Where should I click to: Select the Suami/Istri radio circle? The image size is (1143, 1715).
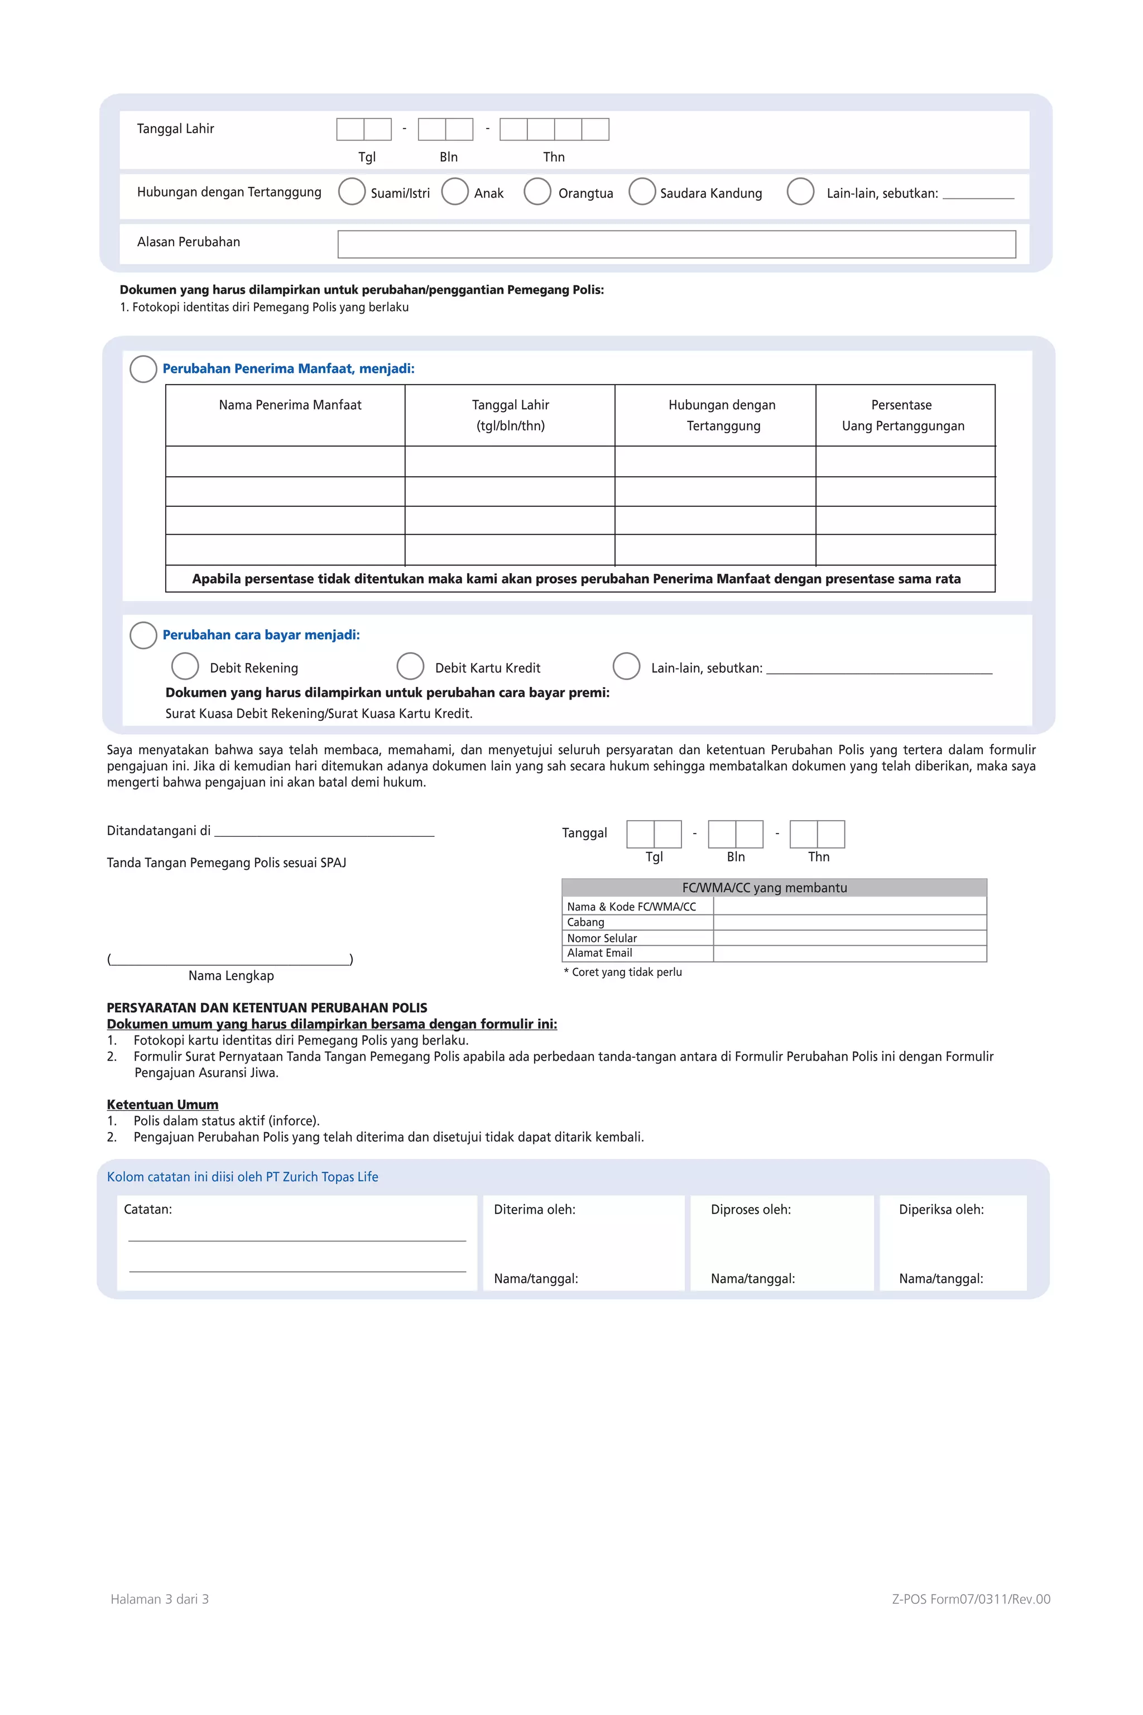pyautogui.click(x=352, y=192)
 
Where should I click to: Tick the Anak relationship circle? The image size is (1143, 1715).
pyautogui.click(x=455, y=192)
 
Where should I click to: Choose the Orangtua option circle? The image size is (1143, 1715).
pyautogui.click(x=537, y=192)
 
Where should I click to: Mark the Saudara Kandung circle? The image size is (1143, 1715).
pyautogui.click(x=641, y=192)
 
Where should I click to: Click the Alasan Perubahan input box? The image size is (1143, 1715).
pyautogui.click(x=676, y=245)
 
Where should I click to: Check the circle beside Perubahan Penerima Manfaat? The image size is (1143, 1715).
pyautogui.click(x=143, y=369)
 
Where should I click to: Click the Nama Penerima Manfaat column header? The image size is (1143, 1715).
pyautogui.click(x=290, y=405)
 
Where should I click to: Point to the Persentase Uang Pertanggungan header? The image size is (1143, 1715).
pyautogui.click(x=902, y=415)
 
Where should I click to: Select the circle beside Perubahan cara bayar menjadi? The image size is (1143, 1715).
pyautogui.click(x=143, y=635)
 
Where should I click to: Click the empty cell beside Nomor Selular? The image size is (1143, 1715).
pyautogui.click(x=849, y=938)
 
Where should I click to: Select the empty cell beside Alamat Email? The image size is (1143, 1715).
pyautogui.click(x=849, y=954)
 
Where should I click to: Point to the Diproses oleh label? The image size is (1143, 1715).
pyautogui.click(x=751, y=1210)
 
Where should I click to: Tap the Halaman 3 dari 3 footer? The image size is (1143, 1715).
pyautogui.click(x=160, y=1599)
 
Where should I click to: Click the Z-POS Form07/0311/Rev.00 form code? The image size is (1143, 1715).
pyautogui.click(x=971, y=1599)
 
